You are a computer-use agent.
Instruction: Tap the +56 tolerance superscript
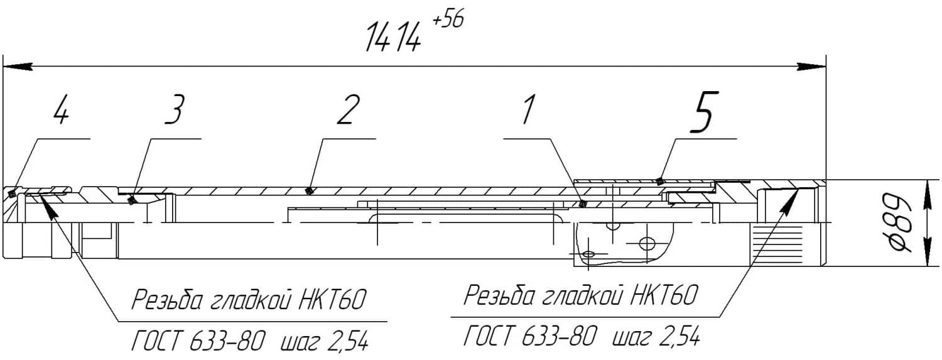tap(448, 21)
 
